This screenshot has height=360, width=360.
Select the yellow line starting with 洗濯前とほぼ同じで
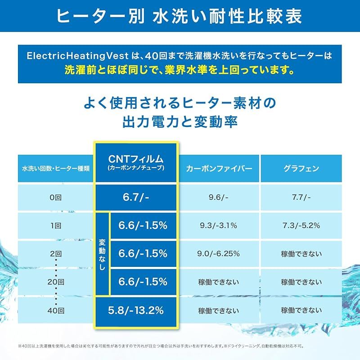[180, 71]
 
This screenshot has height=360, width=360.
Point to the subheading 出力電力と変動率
[180, 122]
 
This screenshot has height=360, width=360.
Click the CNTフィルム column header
[136, 162]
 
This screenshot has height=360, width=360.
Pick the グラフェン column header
[301, 169]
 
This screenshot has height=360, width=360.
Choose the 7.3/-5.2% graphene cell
[301, 225]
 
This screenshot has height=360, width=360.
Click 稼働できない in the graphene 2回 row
[301, 254]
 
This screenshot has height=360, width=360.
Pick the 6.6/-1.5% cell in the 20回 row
[143, 282]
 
